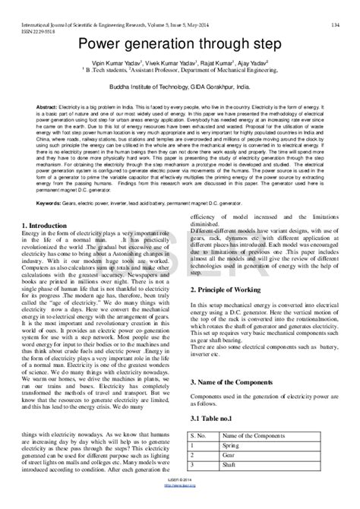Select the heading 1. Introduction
[49, 225]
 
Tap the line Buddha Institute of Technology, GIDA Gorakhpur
[179, 88]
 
